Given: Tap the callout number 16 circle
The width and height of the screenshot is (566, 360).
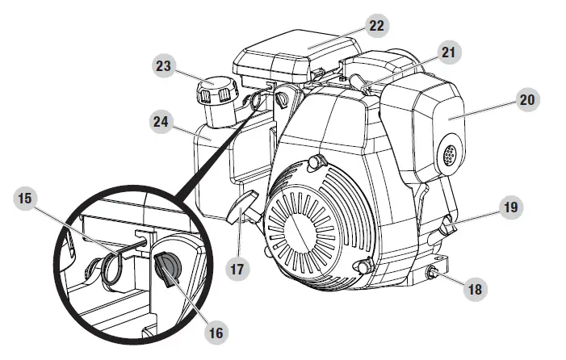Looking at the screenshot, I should click(217, 331).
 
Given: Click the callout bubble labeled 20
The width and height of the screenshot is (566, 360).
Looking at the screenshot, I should click(528, 101).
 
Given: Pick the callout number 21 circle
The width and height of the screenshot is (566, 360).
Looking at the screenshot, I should click(447, 53).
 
